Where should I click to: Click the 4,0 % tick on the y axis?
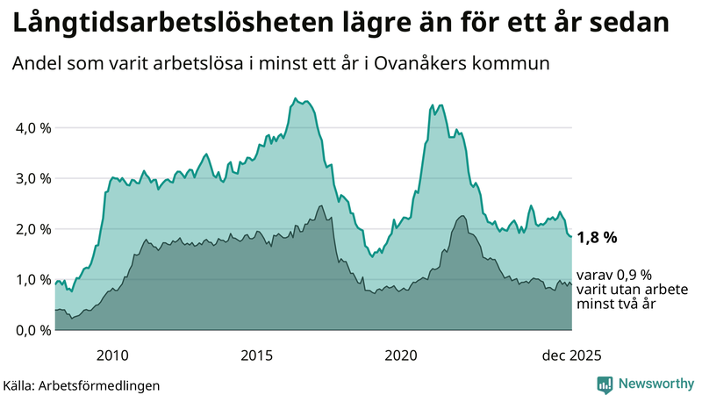tap(34, 127)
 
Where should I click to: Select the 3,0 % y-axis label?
tap(34, 178)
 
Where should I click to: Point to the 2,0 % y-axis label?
tap(34, 229)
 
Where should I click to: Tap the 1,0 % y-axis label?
tap(34, 280)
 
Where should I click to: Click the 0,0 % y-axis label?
tap(34, 331)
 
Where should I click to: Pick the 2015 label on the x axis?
tap(257, 355)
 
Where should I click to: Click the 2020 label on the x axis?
tap(401, 355)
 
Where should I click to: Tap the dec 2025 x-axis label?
tap(571, 355)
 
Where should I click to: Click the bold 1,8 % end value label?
tap(598, 237)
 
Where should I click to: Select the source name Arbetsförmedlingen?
tap(105, 384)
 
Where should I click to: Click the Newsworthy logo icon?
tap(605, 384)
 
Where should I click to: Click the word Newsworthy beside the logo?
tap(655, 384)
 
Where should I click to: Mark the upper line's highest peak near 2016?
tap(295, 98)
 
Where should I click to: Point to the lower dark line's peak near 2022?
tap(462, 215)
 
